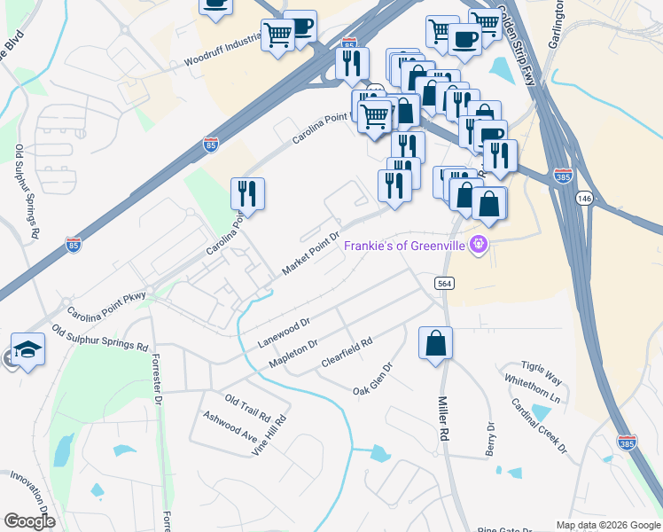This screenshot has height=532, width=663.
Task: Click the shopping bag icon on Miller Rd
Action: tap(435, 343)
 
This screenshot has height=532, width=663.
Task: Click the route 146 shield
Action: tap(582, 197)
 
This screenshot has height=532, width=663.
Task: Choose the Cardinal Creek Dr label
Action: tap(538, 425)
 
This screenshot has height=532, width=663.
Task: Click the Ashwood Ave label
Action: tap(230, 423)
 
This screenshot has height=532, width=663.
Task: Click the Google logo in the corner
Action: tap(29, 521)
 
